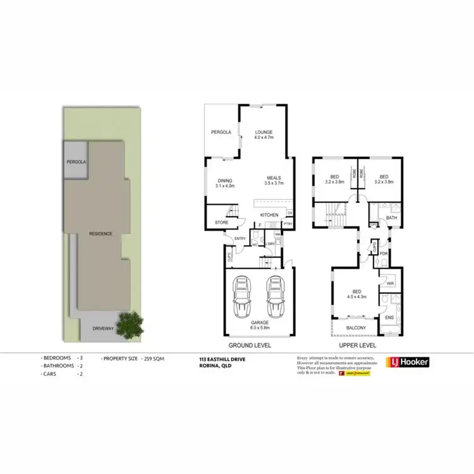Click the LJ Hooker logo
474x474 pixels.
[408, 362]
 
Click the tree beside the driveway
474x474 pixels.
[131, 324]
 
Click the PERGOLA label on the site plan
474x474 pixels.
[76, 162]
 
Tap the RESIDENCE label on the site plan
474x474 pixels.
[100, 234]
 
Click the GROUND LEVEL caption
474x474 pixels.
[250, 346]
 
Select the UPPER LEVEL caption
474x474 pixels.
[357, 346]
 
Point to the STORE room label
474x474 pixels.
[221, 222]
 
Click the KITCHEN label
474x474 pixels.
[269, 216]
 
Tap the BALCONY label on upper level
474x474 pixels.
[356, 327]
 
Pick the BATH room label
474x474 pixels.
[391, 219]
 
